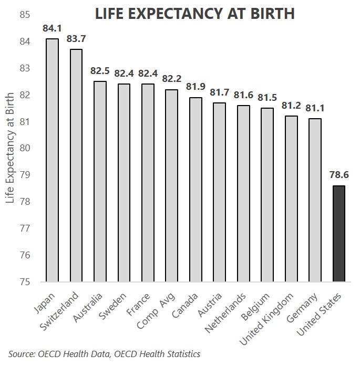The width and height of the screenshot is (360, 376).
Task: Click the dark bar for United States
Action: [339, 234]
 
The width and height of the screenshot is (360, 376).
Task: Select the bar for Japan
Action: [52, 160]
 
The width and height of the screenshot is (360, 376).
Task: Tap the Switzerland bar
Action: [76, 165]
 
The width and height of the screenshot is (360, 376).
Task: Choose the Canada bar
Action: [196, 190]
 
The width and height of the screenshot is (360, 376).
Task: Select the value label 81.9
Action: [196, 86]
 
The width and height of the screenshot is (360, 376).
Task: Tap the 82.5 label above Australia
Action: [100, 70]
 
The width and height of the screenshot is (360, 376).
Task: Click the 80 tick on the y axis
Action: [24, 148]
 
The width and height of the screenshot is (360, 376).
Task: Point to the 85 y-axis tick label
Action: [24, 15]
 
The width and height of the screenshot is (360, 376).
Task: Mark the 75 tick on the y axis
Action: [24, 282]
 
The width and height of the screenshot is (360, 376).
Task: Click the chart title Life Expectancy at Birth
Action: [194, 15]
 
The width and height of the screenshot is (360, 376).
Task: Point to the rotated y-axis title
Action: [9, 148]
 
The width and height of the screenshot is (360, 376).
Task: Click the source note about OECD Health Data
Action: [105, 354]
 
